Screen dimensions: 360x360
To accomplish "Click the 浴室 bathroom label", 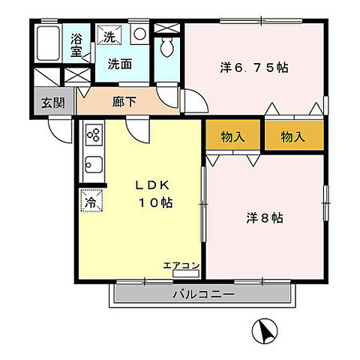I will click(76, 45).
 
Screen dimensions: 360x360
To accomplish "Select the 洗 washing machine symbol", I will click(109, 35).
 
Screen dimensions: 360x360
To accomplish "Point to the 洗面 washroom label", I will click(119, 64).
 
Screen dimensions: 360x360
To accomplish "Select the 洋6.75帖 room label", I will click(254, 67).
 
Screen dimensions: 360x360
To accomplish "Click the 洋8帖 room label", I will click(264, 219).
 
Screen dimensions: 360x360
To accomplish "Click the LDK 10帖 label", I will click(156, 193).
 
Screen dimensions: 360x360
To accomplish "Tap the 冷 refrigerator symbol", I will click(91, 201).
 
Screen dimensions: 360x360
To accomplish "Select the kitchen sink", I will click(94, 164).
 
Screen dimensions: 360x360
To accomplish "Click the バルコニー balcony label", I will click(203, 293).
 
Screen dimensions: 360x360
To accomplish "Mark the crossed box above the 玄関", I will click(76, 75).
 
